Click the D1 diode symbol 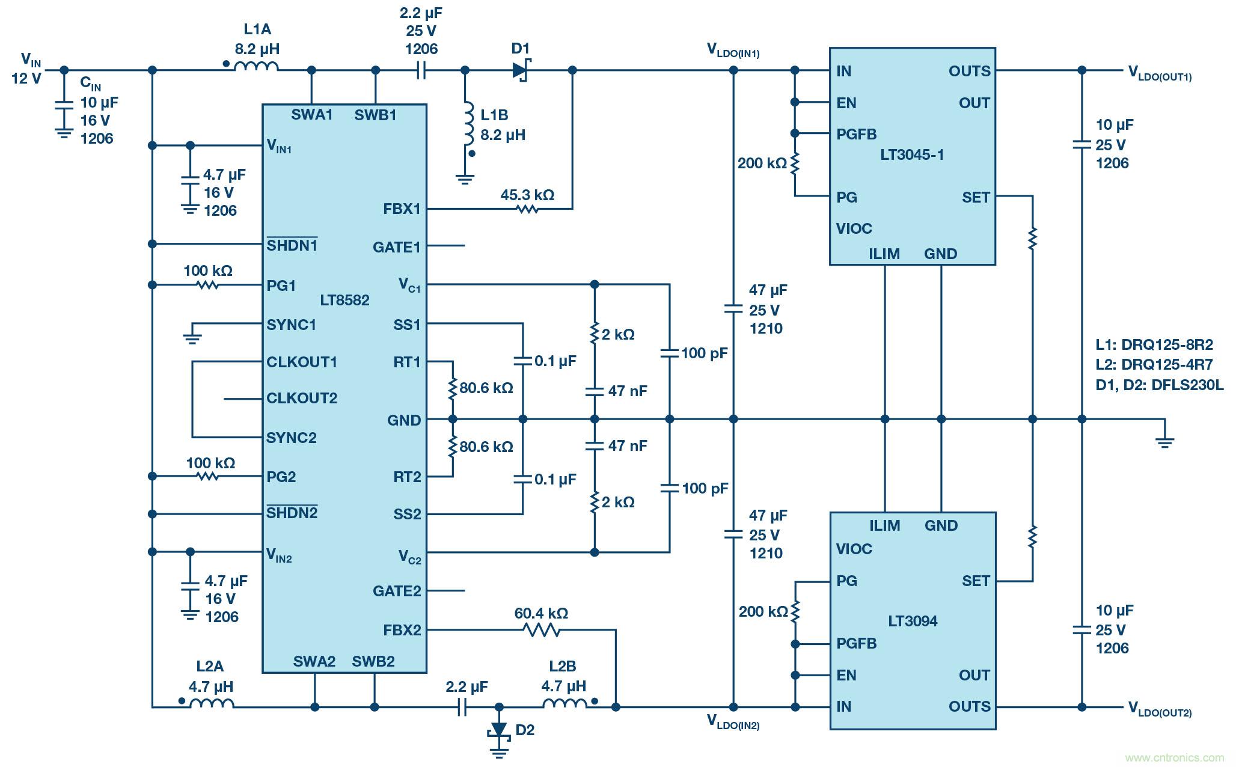click(520, 70)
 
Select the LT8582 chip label click(344, 300)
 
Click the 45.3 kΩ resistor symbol click(527, 209)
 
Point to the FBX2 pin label click(402, 631)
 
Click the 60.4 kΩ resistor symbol click(542, 630)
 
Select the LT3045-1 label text click(912, 155)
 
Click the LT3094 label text click(912, 621)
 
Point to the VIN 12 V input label click(27, 68)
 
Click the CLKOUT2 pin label click(302, 399)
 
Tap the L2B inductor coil click(564, 704)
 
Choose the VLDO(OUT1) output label click(1160, 73)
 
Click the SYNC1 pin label click(291, 325)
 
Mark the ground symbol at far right click(1164, 442)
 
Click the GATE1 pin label click(396, 247)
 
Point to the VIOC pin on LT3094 click(854, 549)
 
